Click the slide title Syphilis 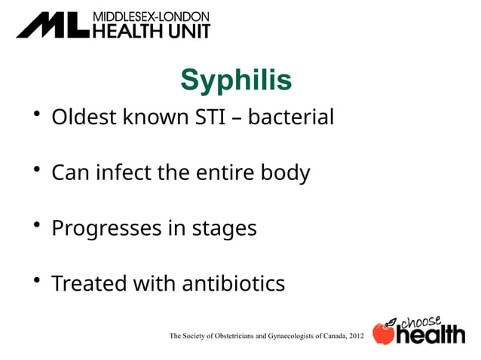236,81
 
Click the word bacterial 291,117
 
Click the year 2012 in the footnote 355,334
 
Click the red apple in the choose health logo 384,334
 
